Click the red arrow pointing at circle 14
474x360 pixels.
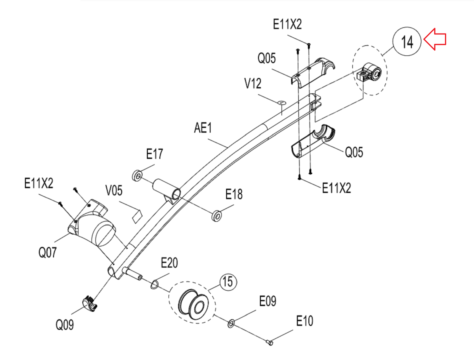[x=435, y=39]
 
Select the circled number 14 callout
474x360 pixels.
[x=407, y=41]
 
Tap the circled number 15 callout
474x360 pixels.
[x=228, y=282]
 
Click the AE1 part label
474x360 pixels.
[x=203, y=128]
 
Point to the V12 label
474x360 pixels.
[x=253, y=83]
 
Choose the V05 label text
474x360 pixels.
[x=114, y=191]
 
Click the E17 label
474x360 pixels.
[x=155, y=154]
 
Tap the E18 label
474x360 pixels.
[x=234, y=194]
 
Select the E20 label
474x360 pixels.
[x=169, y=263]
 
